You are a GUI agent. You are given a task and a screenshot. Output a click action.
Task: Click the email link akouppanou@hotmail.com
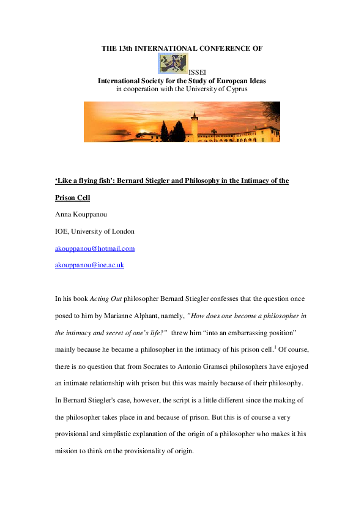click(95, 248)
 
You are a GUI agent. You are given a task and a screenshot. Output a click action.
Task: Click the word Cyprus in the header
click(236, 89)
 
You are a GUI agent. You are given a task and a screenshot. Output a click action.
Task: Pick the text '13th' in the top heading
click(125, 48)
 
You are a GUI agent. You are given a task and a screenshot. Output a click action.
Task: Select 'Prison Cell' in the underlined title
click(72, 199)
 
